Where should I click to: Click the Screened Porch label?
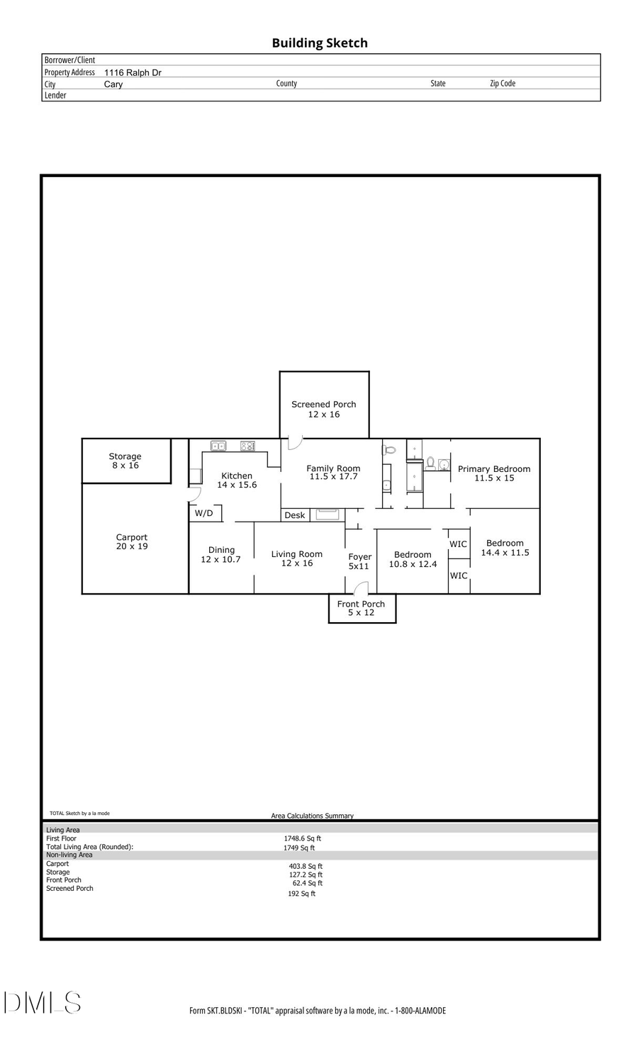(323, 405)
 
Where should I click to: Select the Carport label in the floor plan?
(132, 537)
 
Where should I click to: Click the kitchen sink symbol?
(218, 446)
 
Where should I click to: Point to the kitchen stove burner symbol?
(247, 446)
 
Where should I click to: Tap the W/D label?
(204, 512)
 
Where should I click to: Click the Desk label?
(295, 515)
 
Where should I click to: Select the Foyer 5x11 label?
(359, 561)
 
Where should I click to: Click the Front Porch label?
(361, 604)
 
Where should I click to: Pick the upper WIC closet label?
(459, 544)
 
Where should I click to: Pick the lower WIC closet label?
(459, 575)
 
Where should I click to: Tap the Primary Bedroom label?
(494, 469)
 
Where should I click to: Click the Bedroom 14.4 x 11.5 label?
(505, 548)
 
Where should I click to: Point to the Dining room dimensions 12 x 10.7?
(220, 559)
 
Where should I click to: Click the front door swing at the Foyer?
(362, 588)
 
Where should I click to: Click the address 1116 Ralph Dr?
(133, 72)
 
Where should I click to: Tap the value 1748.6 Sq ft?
(303, 838)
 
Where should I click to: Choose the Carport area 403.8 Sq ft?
(306, 866)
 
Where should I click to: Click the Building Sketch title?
(320, 43)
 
